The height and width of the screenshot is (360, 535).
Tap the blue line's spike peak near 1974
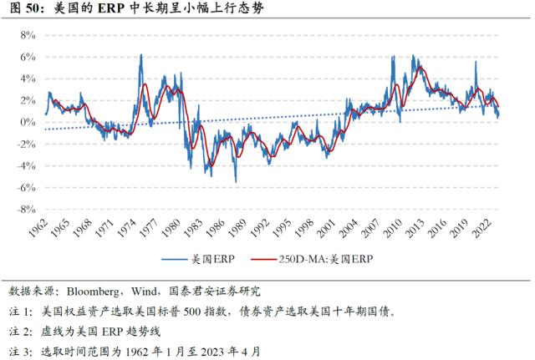click(140, 55)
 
